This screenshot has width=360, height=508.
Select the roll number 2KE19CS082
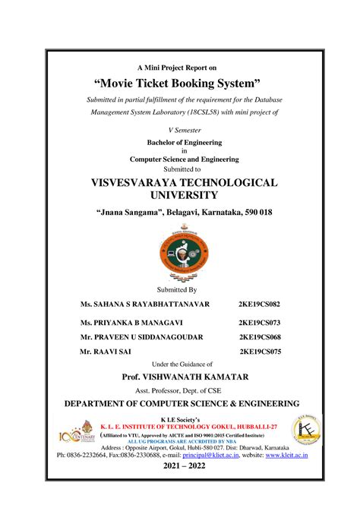point(259,304)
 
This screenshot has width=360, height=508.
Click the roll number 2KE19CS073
point(260,323)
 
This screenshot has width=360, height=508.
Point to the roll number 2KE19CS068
point(260,336)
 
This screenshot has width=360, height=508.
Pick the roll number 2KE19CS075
point(261,352)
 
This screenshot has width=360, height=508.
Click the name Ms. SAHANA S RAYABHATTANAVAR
point(145,304)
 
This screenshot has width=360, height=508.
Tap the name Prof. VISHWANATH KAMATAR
point(181,376)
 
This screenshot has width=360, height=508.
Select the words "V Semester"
point(181,130)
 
